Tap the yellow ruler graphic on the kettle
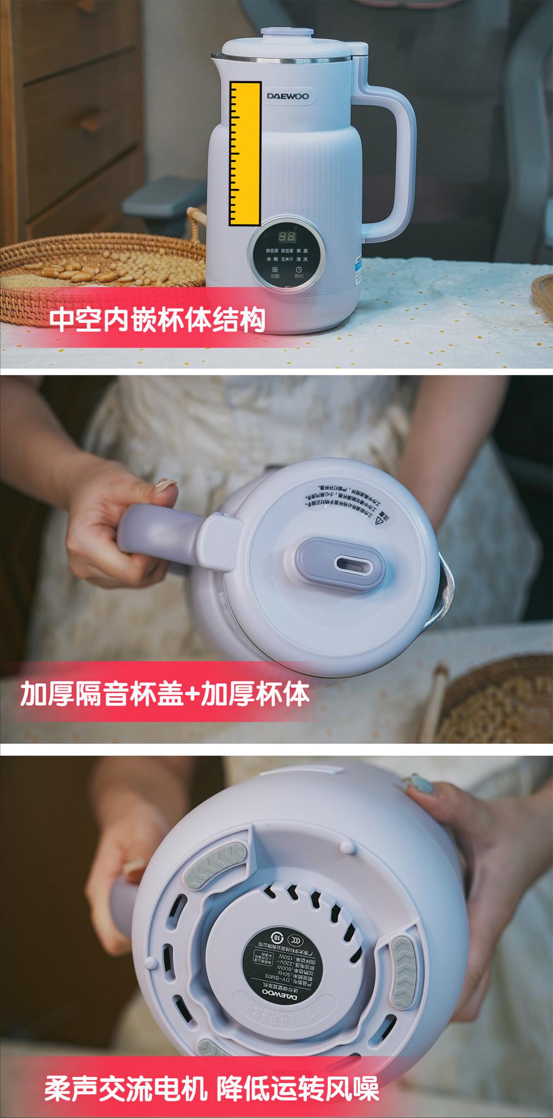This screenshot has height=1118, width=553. click(x=245, y=154)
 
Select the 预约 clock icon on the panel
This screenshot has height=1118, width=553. click(x=299, y=271)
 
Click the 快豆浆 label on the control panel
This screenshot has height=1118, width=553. click(x=273, y=251)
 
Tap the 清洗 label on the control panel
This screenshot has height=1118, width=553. click(x=302, y=260)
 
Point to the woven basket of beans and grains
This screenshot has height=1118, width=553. click(x=102, y=271)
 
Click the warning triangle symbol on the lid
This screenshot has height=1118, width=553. click(x=379, y=521)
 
